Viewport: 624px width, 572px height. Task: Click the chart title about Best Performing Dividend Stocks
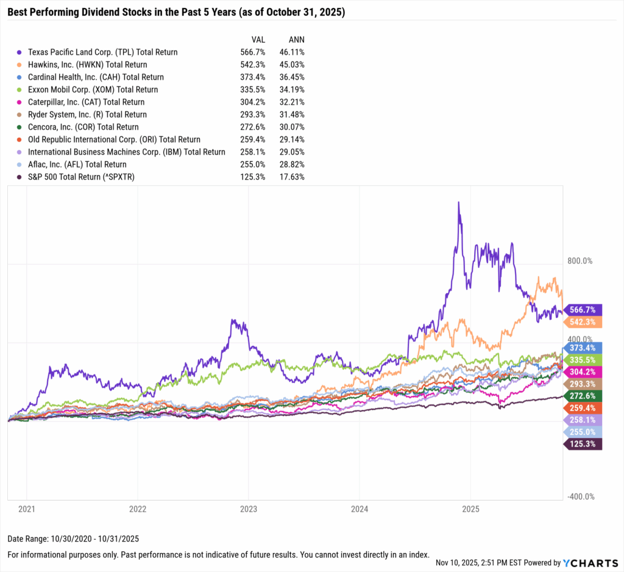pos(176,12)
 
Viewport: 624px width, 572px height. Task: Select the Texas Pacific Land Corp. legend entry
pos(102,52)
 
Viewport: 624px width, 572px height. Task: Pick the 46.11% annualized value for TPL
pos(291,52)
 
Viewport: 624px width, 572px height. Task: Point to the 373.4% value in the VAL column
pos(252,77)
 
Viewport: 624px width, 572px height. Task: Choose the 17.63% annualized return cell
pos(291,177)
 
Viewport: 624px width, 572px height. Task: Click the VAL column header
pos(257,38)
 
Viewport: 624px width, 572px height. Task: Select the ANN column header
pos(296,38)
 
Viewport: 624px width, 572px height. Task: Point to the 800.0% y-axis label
pos(580,261)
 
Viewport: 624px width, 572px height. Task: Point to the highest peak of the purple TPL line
pos(458,202)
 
